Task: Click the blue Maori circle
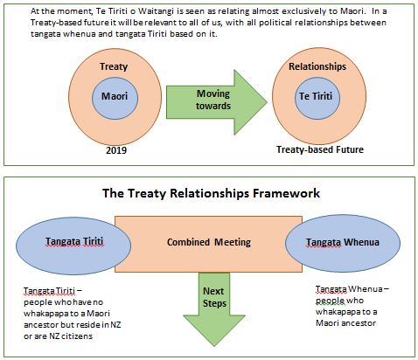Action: point(115,98)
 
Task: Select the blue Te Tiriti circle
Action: point(317,98)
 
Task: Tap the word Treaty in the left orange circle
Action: point(114,66)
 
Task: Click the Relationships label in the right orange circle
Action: point(317,66)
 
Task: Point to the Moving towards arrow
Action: point(216,102)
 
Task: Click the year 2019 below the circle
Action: point(116,150)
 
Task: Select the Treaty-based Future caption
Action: point(320,149)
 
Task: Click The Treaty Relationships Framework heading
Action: point(211,193)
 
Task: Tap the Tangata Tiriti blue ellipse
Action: point(73,246)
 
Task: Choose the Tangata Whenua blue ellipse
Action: point(343,243)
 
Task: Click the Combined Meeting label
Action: point(209,242)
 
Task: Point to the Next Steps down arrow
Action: point(214,308)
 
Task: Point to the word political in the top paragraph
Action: point(275,23)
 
